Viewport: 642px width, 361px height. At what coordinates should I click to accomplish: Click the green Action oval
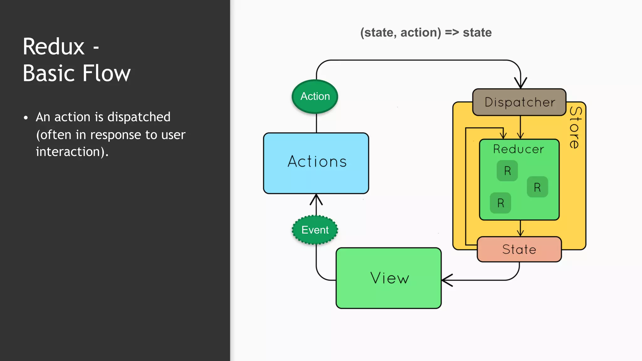tap(315, 97)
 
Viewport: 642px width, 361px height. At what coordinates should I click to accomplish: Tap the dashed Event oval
tap(315, 230)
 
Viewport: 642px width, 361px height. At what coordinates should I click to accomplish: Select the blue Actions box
tap(316, 163)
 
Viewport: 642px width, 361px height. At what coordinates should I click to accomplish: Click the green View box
tap(389, 278)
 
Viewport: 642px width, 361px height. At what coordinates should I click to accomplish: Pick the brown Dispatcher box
tap(519, 102)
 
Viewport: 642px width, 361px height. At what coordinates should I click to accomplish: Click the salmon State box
tap(519, 249)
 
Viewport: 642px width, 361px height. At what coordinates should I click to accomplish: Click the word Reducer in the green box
tap(518, 149)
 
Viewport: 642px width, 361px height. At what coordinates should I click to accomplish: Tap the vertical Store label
tap(576, 127)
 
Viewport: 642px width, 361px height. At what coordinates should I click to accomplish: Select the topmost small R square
tap(507, 171)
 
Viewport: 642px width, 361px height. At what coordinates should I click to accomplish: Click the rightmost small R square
tap(537, 187)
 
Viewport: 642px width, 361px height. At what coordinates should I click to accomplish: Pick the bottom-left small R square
tap(501, 203)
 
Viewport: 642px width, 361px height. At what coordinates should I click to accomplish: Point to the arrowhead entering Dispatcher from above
tap(520, 83)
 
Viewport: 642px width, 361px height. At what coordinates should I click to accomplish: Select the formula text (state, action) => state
tap(426, 33)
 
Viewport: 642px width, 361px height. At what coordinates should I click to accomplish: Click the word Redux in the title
tap(54, 47)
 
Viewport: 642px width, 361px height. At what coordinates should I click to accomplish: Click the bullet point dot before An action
tap(26, 118)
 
